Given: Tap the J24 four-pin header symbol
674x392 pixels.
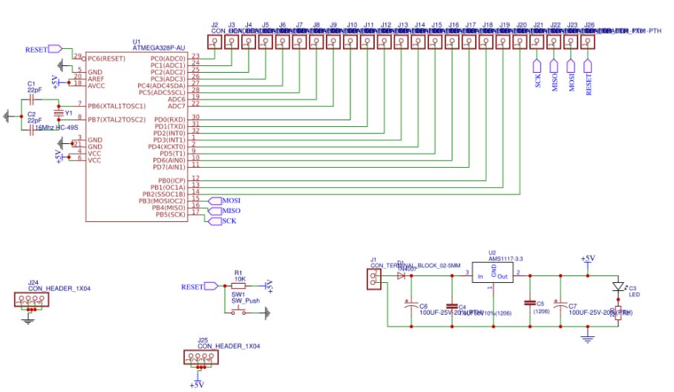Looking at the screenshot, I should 29,301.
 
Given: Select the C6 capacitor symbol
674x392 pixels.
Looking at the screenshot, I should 409,304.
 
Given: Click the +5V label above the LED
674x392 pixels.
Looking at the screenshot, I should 587,258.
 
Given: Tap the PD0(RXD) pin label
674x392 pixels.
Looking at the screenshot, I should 170,120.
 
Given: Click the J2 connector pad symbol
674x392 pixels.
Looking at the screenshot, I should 214,42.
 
